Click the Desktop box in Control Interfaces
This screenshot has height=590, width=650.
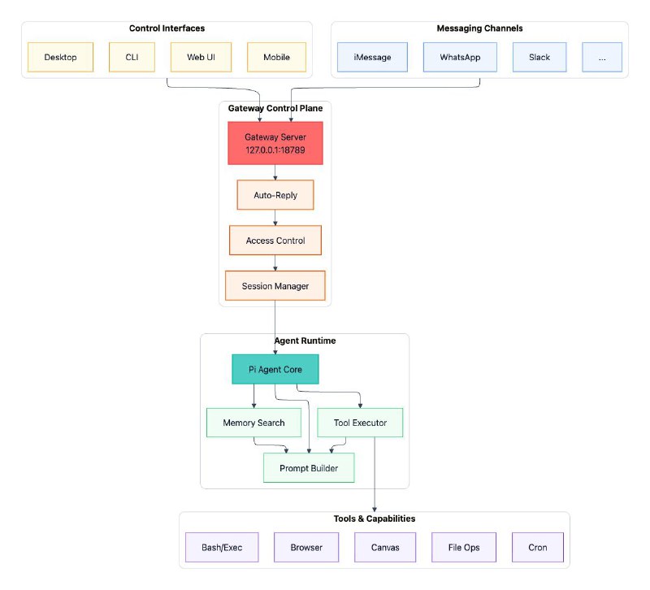(61, 58)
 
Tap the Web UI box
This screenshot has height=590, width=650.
(201, 58)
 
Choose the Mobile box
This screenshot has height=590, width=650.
(276, 58)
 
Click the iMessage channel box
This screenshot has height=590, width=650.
(372, 58)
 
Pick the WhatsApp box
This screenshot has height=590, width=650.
(461, 58)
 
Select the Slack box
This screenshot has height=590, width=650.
(539, 58)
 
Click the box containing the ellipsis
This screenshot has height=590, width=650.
(602, 58)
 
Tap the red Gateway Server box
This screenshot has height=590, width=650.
(275, 143)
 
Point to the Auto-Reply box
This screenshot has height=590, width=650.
(275, 195)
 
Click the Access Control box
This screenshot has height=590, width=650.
(275, 241)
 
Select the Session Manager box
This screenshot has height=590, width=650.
(275, 286)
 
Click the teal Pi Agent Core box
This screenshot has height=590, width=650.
(275, 369)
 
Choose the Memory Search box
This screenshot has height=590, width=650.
(253, 423)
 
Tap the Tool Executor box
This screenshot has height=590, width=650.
(360, 423)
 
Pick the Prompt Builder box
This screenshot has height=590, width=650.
(309, 468)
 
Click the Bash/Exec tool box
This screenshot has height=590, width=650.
(222, 547)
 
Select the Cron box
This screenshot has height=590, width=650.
(537, 547)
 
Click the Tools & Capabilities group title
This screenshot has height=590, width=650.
(374, 518)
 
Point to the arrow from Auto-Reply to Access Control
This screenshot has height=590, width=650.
(275, 218)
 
